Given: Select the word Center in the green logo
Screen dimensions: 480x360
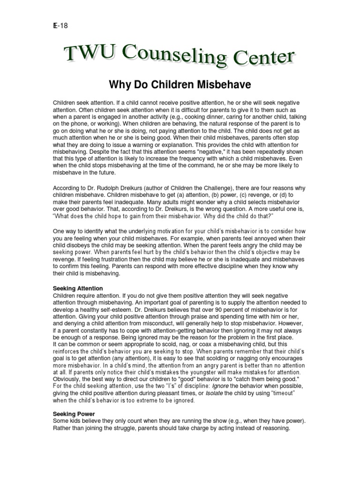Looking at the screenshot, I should (266, 59).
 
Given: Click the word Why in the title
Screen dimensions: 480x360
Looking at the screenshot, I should (119, 85).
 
